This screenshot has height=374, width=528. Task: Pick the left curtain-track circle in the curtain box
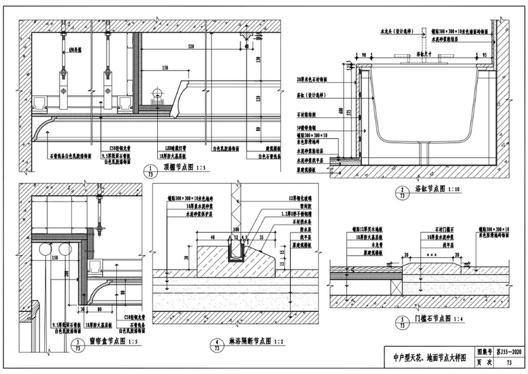pyautogui.click(x=44, y=251)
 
